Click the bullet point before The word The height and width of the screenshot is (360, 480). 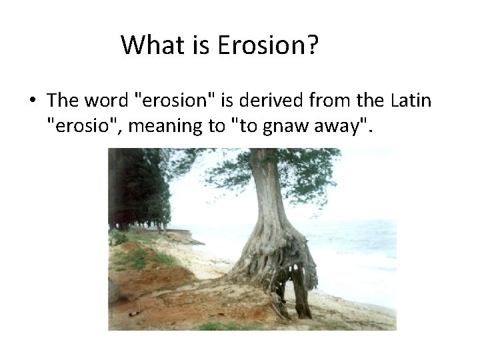pos(32,101)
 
